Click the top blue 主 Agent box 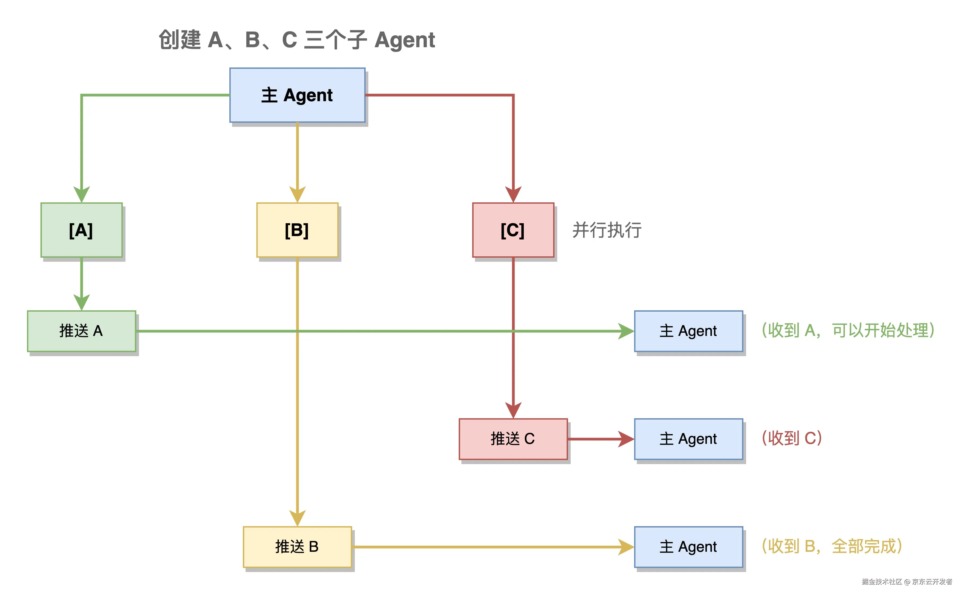point(297,95)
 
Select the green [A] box point(81,230)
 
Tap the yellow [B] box point(297,230)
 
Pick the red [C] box point(513,230)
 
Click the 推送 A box point(81,331)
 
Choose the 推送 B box point(297,547)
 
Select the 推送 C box point(513,438)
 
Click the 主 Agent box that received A point(688,331)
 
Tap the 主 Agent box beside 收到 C point(688,438)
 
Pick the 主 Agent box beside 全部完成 point(688,547)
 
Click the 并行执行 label point(607,230)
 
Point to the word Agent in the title point(404,40)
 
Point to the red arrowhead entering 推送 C point(513,410)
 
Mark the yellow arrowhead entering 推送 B point(297,518)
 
